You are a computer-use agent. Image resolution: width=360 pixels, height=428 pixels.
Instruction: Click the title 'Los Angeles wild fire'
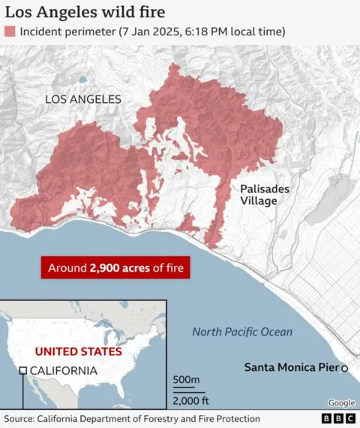pyautogui.click(x=85, y=13)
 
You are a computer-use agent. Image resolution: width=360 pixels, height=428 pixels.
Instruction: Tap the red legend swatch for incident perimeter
pyautogui.click(x=10, y=32)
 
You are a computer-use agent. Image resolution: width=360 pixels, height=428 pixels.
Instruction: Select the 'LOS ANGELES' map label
pyautogui.click(x=82, y=99)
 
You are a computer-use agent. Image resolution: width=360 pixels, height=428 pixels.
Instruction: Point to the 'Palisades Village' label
pyautogui.click(x=264, y=195)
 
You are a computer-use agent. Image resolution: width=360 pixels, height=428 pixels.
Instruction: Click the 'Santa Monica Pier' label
pyautogui.click(x=291, y=368)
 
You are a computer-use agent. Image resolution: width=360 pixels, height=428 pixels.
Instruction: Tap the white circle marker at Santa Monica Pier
pyautogui.click(x=345, y=368)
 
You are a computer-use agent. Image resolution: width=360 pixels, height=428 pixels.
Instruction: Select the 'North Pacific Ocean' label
pyautogui.click(x=242, y=332)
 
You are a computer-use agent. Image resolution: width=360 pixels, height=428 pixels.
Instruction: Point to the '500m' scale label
pyautogui.click(x=186, y=381)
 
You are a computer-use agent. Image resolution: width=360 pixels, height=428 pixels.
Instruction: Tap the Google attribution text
pyautogui.click(x=341, y=403)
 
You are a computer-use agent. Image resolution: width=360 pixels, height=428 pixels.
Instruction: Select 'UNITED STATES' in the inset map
pyautogui.click(x=79, y=351)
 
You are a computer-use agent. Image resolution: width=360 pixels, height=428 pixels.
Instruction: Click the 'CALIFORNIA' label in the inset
pyautogui.click(x=63, y=370)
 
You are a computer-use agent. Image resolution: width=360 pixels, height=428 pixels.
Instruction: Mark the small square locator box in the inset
pyautogui.click(x=23, y=370)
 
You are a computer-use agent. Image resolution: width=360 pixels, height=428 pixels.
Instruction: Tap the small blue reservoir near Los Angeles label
pyautogui.click(x=82, y=79)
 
